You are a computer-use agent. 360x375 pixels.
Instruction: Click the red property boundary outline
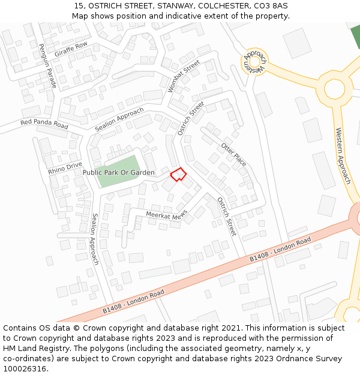click(178, 174)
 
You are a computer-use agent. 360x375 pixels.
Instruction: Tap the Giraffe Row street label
click(71, 49)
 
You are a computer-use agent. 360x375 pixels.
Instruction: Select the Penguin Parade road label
click(47, 66)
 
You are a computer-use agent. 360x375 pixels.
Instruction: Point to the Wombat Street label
click(183, 76)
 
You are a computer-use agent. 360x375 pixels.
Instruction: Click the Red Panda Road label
click(44, 124)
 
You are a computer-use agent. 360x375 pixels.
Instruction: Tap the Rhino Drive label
click(65, 169)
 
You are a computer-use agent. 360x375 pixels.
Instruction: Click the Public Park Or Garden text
click(118, 173)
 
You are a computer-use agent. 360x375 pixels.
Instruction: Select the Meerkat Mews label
click(166, 215)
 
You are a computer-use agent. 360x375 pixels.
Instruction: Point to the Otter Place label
click(233, 155)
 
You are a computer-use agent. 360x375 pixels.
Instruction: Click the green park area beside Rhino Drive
click(119, 163)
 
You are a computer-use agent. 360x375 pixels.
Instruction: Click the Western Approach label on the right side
click(343, 155)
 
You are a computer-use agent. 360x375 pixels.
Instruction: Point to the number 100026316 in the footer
click(24, 369)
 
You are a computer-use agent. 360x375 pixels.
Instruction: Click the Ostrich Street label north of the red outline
click(191, 118)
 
